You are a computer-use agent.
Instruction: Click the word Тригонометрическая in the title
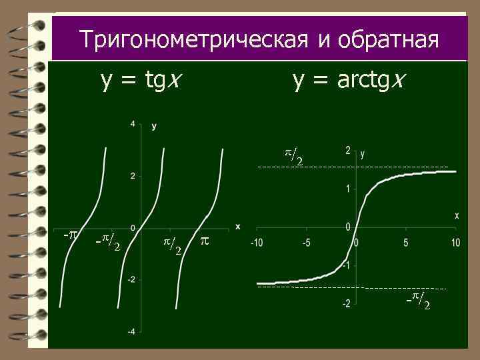coord(193,39)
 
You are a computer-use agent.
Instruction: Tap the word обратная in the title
coord(388,40)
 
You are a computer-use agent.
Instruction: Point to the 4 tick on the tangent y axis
coord(133,124)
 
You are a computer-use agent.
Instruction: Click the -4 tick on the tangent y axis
coord(131,331)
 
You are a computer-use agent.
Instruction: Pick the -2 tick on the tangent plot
coord(131,279)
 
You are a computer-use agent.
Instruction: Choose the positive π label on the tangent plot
coord(205,239)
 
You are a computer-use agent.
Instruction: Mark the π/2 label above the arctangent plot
coord(294,157)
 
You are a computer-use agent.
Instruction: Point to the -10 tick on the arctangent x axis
coord(257,242)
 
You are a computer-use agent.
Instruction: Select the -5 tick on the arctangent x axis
coord(306,242)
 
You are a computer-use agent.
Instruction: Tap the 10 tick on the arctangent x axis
coord(455,242)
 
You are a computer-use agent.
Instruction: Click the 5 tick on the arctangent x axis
coord(406,242)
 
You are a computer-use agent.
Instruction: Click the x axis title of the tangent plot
coord(237,227)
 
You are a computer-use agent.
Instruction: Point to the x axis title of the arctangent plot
coord(457,215)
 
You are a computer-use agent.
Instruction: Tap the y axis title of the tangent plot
coord(155,125)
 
